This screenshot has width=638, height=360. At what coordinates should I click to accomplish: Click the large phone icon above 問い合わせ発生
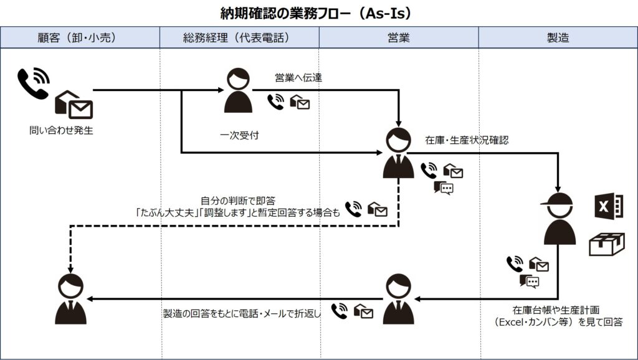[x=33, y=83]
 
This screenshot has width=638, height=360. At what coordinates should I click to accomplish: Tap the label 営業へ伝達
[x=298, y=78]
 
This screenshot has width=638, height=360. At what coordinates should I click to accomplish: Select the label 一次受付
[x=239, y=135]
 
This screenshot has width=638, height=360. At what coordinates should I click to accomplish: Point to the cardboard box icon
[x=606, y=244]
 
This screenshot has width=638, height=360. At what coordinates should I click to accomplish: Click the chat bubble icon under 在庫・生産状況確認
[x=443, y=187]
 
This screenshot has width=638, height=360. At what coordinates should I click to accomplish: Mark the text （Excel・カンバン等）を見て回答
[x=558, y=322]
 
